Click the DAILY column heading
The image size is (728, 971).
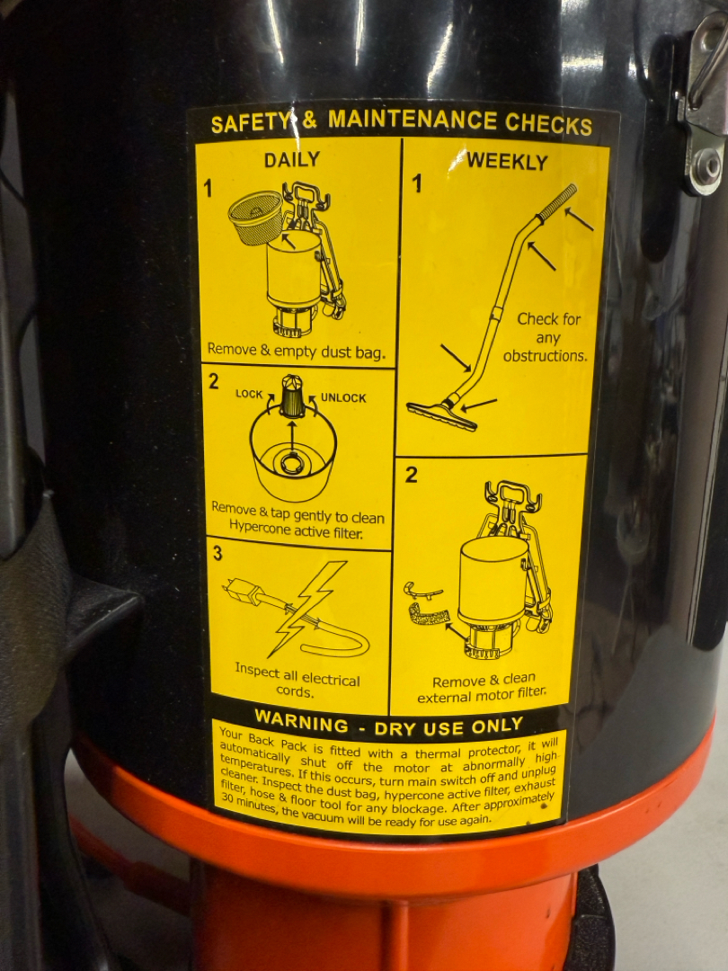click(291, 160)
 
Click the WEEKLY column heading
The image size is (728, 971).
click(507, 162)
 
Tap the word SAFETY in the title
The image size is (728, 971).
click(250, 122)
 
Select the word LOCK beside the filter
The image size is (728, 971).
click(249, 394)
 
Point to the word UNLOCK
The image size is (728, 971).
click(343, 398)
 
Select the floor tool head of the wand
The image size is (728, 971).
click(442, 415)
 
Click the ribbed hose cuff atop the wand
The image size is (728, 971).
click(556, 202)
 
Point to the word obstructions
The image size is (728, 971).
click(545, 356)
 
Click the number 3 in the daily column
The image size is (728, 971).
click(218, 553)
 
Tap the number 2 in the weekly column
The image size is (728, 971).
click(412, 475)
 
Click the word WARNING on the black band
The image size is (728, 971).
click(301, 721)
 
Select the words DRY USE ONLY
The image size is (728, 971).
click(448, 726)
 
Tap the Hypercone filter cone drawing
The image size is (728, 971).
click(291, 396)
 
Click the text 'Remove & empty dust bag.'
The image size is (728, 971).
click(297, 352)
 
